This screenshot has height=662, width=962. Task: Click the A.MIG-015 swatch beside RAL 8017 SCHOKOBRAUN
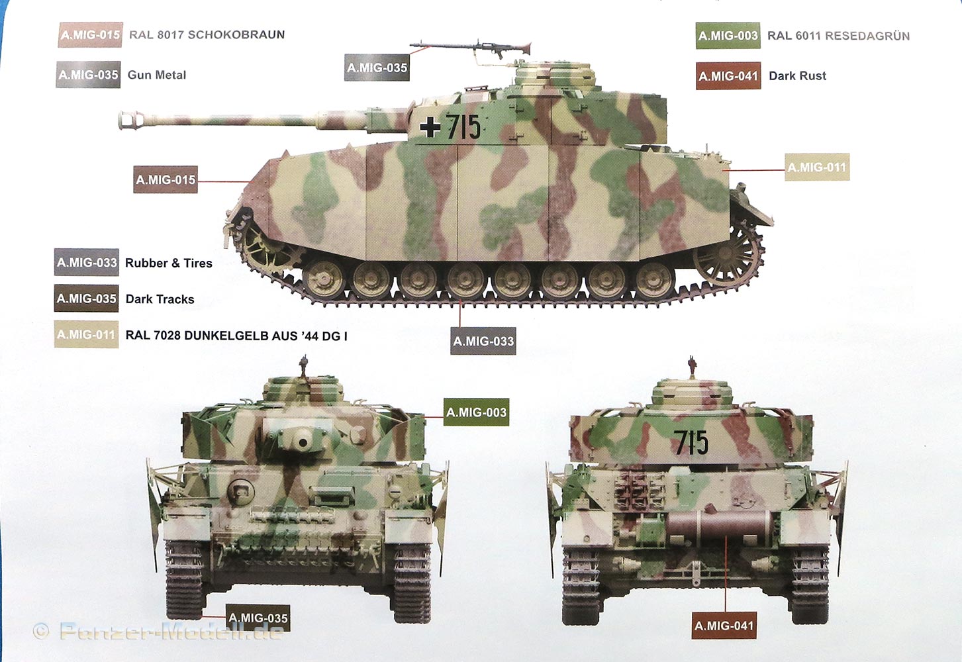[90, 35]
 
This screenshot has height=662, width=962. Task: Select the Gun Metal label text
[157, 75]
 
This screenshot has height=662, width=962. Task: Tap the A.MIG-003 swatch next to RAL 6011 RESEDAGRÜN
[728, 36]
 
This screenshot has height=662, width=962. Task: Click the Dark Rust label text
[798, 76]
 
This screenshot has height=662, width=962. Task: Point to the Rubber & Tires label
[169, 263]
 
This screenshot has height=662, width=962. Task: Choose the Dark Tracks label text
[160, 299]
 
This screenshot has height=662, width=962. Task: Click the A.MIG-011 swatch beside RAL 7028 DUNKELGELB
[86, 334]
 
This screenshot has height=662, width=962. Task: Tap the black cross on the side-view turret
[430, 126]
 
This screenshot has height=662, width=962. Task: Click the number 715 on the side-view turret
[463, 127]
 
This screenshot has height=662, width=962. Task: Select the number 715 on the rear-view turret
[691, 442]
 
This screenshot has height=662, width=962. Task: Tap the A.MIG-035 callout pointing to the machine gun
[377, 68]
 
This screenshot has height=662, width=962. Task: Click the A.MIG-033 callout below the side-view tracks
[483, 342]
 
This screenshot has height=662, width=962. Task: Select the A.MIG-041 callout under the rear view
[724, 626]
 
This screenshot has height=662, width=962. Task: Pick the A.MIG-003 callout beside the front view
[476, 412]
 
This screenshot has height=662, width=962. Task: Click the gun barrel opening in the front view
[303, 442]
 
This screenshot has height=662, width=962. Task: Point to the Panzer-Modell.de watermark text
[171, 631]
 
